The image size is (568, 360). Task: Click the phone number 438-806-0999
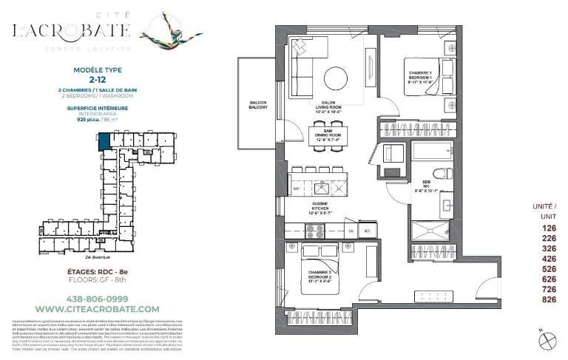coord(97,299)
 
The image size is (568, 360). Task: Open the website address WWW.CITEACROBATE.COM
coord(97,308)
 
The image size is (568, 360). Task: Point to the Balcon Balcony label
coord(257,105)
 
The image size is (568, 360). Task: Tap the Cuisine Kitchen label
coord(320,209)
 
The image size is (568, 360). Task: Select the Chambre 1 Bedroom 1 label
coord(420,77)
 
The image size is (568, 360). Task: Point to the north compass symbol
coord(547,340)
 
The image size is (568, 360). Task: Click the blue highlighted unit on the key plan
coord(104,140)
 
